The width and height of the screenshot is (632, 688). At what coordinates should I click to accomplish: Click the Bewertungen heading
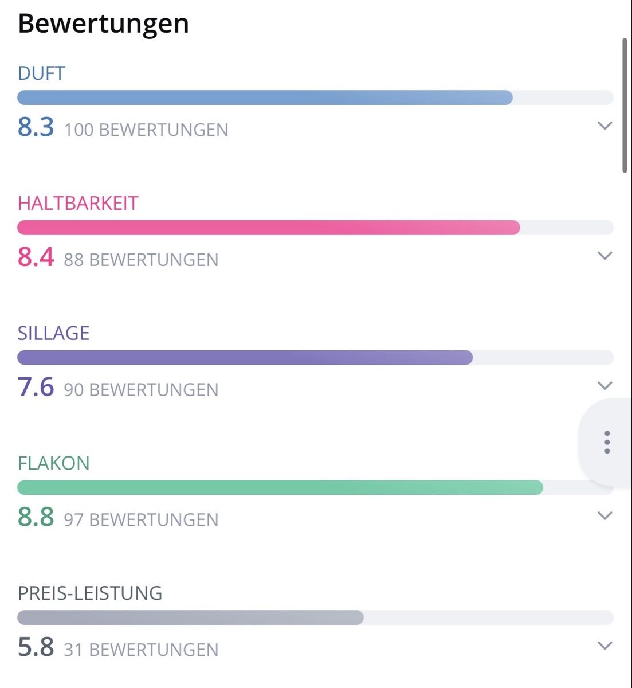[103, 24]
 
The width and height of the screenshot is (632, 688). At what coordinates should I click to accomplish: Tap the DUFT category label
[41, 73]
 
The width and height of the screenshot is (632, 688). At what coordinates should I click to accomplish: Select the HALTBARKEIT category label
[78, 203]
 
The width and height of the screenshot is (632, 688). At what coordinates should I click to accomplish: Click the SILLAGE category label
[53, 333]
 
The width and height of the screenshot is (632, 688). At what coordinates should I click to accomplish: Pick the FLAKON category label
[53, 463]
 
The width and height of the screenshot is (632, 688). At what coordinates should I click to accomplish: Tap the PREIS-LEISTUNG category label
[90, 593]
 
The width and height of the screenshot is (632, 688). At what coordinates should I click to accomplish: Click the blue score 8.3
[36, 127]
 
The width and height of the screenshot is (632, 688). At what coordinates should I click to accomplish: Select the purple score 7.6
[36, 386]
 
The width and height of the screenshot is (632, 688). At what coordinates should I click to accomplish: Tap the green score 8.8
[36, 517]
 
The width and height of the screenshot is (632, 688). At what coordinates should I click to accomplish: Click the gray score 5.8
[36, 647]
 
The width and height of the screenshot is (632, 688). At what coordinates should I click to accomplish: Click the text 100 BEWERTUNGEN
[146, 130]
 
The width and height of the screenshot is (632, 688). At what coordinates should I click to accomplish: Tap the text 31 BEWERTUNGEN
[141, 650]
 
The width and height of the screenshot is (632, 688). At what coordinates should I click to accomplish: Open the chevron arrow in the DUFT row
[605, 126]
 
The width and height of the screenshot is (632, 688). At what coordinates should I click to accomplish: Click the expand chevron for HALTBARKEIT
[605, 256]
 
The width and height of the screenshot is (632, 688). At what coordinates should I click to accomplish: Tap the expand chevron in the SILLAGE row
[605, 385]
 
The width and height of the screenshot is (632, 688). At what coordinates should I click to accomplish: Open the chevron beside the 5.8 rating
[605, 646]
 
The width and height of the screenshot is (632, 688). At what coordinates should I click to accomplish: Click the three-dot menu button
[607, 442]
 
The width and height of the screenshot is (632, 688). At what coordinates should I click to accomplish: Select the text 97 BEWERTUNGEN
[141, 520]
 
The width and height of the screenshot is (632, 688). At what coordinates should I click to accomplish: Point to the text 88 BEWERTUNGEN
[141, 260]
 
